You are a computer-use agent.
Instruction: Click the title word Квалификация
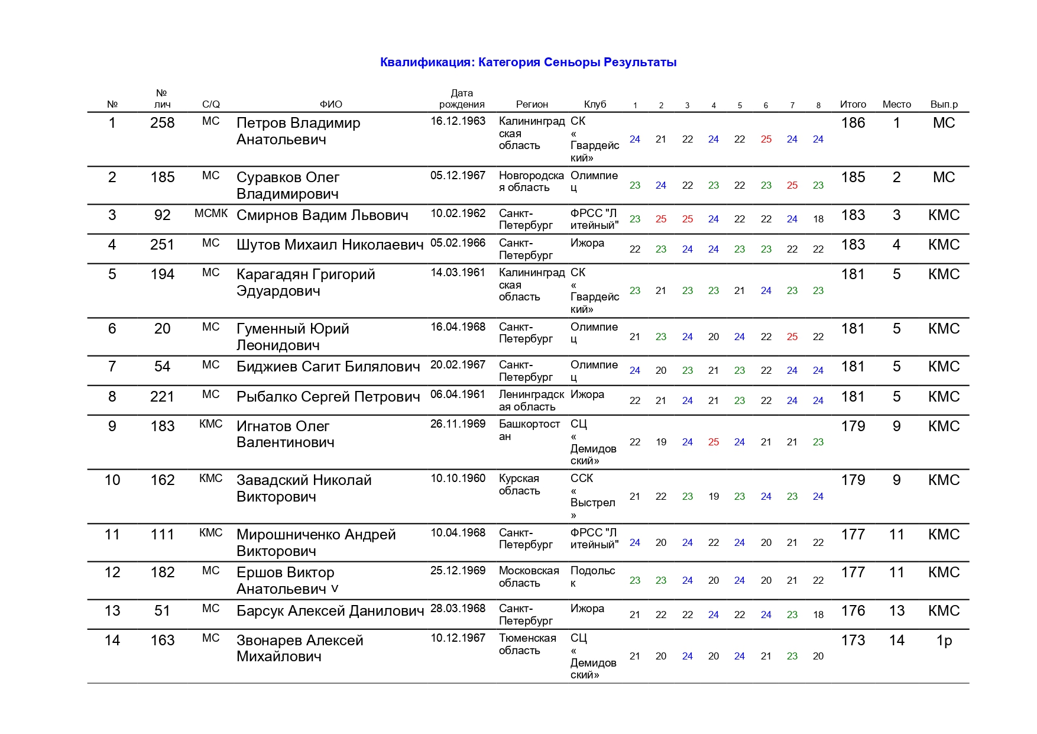pos(426,62)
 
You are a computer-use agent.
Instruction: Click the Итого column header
pos(853,104)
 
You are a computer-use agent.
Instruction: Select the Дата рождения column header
pos(462,98)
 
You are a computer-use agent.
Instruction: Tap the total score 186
pos(853,123)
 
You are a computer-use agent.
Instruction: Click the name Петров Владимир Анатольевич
pos(298,131)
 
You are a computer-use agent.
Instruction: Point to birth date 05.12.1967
pos(458,176)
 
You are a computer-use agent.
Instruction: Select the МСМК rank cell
pos(211,214)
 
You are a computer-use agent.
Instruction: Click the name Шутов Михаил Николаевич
pos(330,245)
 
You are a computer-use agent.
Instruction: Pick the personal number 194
pos(162,274)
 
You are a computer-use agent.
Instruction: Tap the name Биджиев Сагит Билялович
pos(328,367)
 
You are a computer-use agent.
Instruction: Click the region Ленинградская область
pos(530,400)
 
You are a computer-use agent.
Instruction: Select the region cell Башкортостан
pos(529,430)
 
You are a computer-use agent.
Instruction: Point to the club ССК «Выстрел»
pos(592,496)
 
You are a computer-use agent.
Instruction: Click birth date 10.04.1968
pos(458,533)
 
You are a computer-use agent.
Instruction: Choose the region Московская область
pos(529,577)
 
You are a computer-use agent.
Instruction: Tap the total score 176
pos(853,611)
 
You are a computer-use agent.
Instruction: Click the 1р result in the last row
pos(944,641)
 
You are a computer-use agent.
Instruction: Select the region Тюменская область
pos(527,644)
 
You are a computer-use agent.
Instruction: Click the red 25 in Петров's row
pos(766,140)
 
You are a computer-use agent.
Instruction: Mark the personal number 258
pos(162,123)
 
